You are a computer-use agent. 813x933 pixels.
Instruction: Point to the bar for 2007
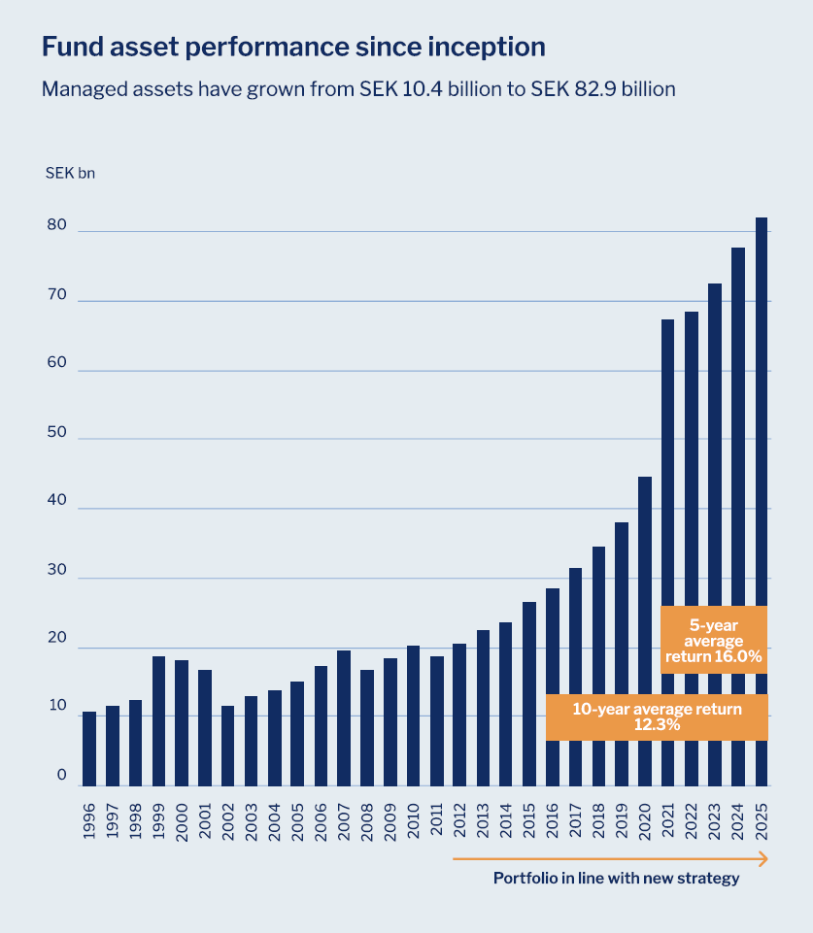tap(344, 718)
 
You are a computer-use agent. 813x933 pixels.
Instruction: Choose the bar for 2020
tap(645, 631)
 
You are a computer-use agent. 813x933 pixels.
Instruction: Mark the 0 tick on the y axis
tap(61, 776)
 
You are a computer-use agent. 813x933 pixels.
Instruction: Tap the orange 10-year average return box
tap(657, 717)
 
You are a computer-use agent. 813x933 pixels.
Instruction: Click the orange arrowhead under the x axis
tap(762, 859)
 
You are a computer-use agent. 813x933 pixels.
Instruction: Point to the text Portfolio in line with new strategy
tap(616, 879)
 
